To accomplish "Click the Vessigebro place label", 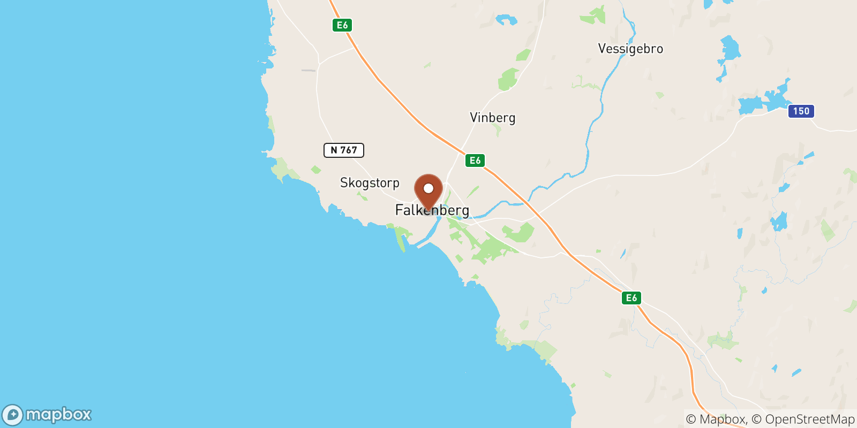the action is [630, 49].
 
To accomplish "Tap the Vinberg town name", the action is [492, 118].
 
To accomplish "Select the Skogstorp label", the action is [370, 183].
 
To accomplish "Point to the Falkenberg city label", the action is [432, 210].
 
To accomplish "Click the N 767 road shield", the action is [343, 150].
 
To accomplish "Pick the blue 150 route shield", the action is [801, 111].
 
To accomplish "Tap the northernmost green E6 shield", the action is [342, 25].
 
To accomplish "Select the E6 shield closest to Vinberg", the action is [475, 160].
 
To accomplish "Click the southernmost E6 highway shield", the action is [632, 298].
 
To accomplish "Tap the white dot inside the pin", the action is [428, 188].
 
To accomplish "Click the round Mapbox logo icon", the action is [12, 415].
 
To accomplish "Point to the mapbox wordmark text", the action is [58, 415].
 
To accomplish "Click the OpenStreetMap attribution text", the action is [809, 419].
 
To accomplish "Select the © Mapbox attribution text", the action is [716, 419].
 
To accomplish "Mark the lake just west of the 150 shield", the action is [763, 101].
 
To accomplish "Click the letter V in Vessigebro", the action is [602, 49].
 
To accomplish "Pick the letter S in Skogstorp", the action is [344, 183].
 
